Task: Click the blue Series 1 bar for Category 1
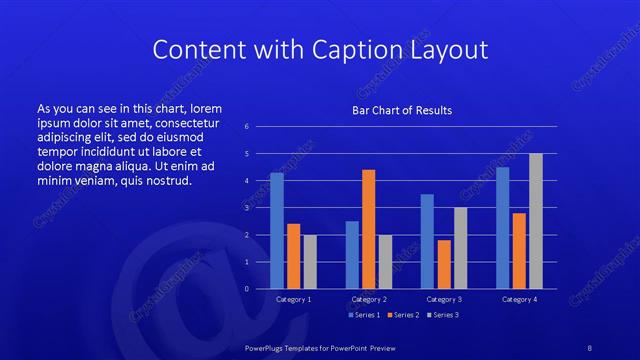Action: (277, 231)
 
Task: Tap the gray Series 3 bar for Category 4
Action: (536, 221)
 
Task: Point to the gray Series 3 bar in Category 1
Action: (310, 262)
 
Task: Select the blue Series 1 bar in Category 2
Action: (352, 255)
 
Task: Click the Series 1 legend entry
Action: (364, 315)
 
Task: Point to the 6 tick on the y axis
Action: (246, 127)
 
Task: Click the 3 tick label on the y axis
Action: (246, 208)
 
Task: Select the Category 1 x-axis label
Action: (294, 299)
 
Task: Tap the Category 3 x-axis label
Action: (444, 299)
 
